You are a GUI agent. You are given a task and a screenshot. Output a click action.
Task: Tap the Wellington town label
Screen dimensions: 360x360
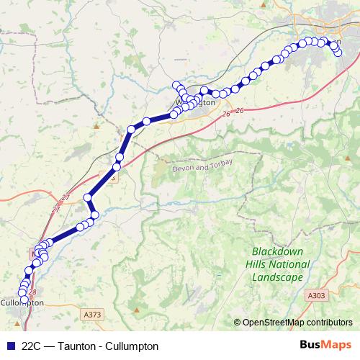196,103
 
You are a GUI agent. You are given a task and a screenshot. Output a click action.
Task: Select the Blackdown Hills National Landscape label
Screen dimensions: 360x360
280,264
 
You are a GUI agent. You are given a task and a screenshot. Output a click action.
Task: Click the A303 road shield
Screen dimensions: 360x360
316,295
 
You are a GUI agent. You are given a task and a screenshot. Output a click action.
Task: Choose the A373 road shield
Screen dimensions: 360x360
92,315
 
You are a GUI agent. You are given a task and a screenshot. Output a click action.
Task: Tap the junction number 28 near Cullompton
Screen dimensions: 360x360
32,292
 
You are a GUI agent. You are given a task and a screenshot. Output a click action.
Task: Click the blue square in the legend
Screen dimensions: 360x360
10,346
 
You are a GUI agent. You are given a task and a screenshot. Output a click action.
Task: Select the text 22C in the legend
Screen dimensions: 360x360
32,346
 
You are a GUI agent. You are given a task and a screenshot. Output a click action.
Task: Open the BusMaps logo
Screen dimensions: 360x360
325,346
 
